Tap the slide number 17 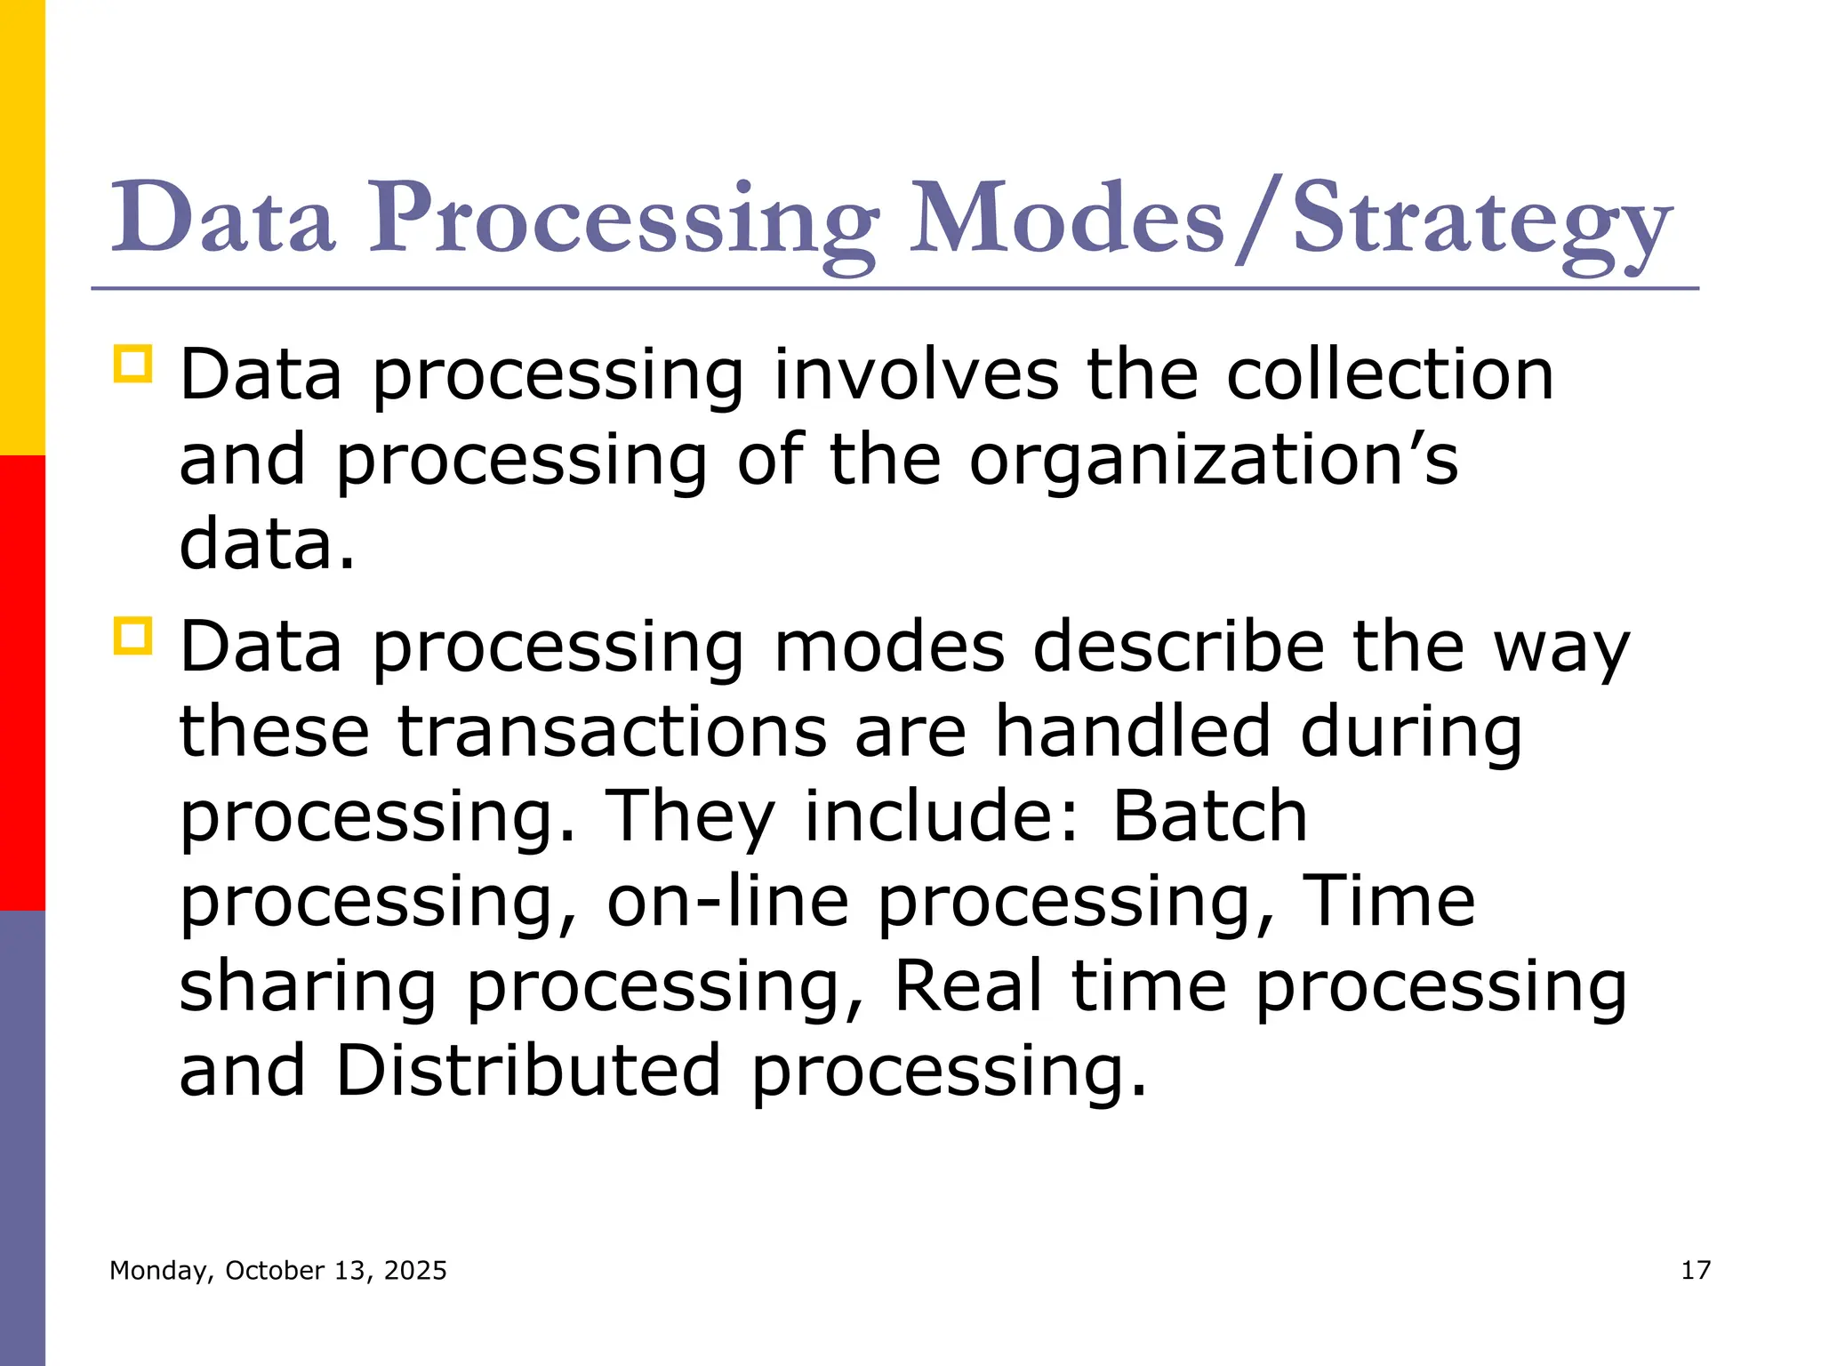pos(1696,1270)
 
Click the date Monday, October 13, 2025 pos(277,1270)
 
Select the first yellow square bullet pos(132,364)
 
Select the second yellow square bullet pos(132,636)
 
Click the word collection pos(1390,374)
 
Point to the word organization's pos(1213,460)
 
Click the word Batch pos(1210,816)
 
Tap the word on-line pos(727,901)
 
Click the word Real pos(967,985)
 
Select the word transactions pos(612,731)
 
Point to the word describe pos(1178,647)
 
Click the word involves pos(916,374)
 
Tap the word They pos(690,816)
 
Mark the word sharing pos(308,987)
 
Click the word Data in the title pos(222,219)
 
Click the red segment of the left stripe pos(22,682)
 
